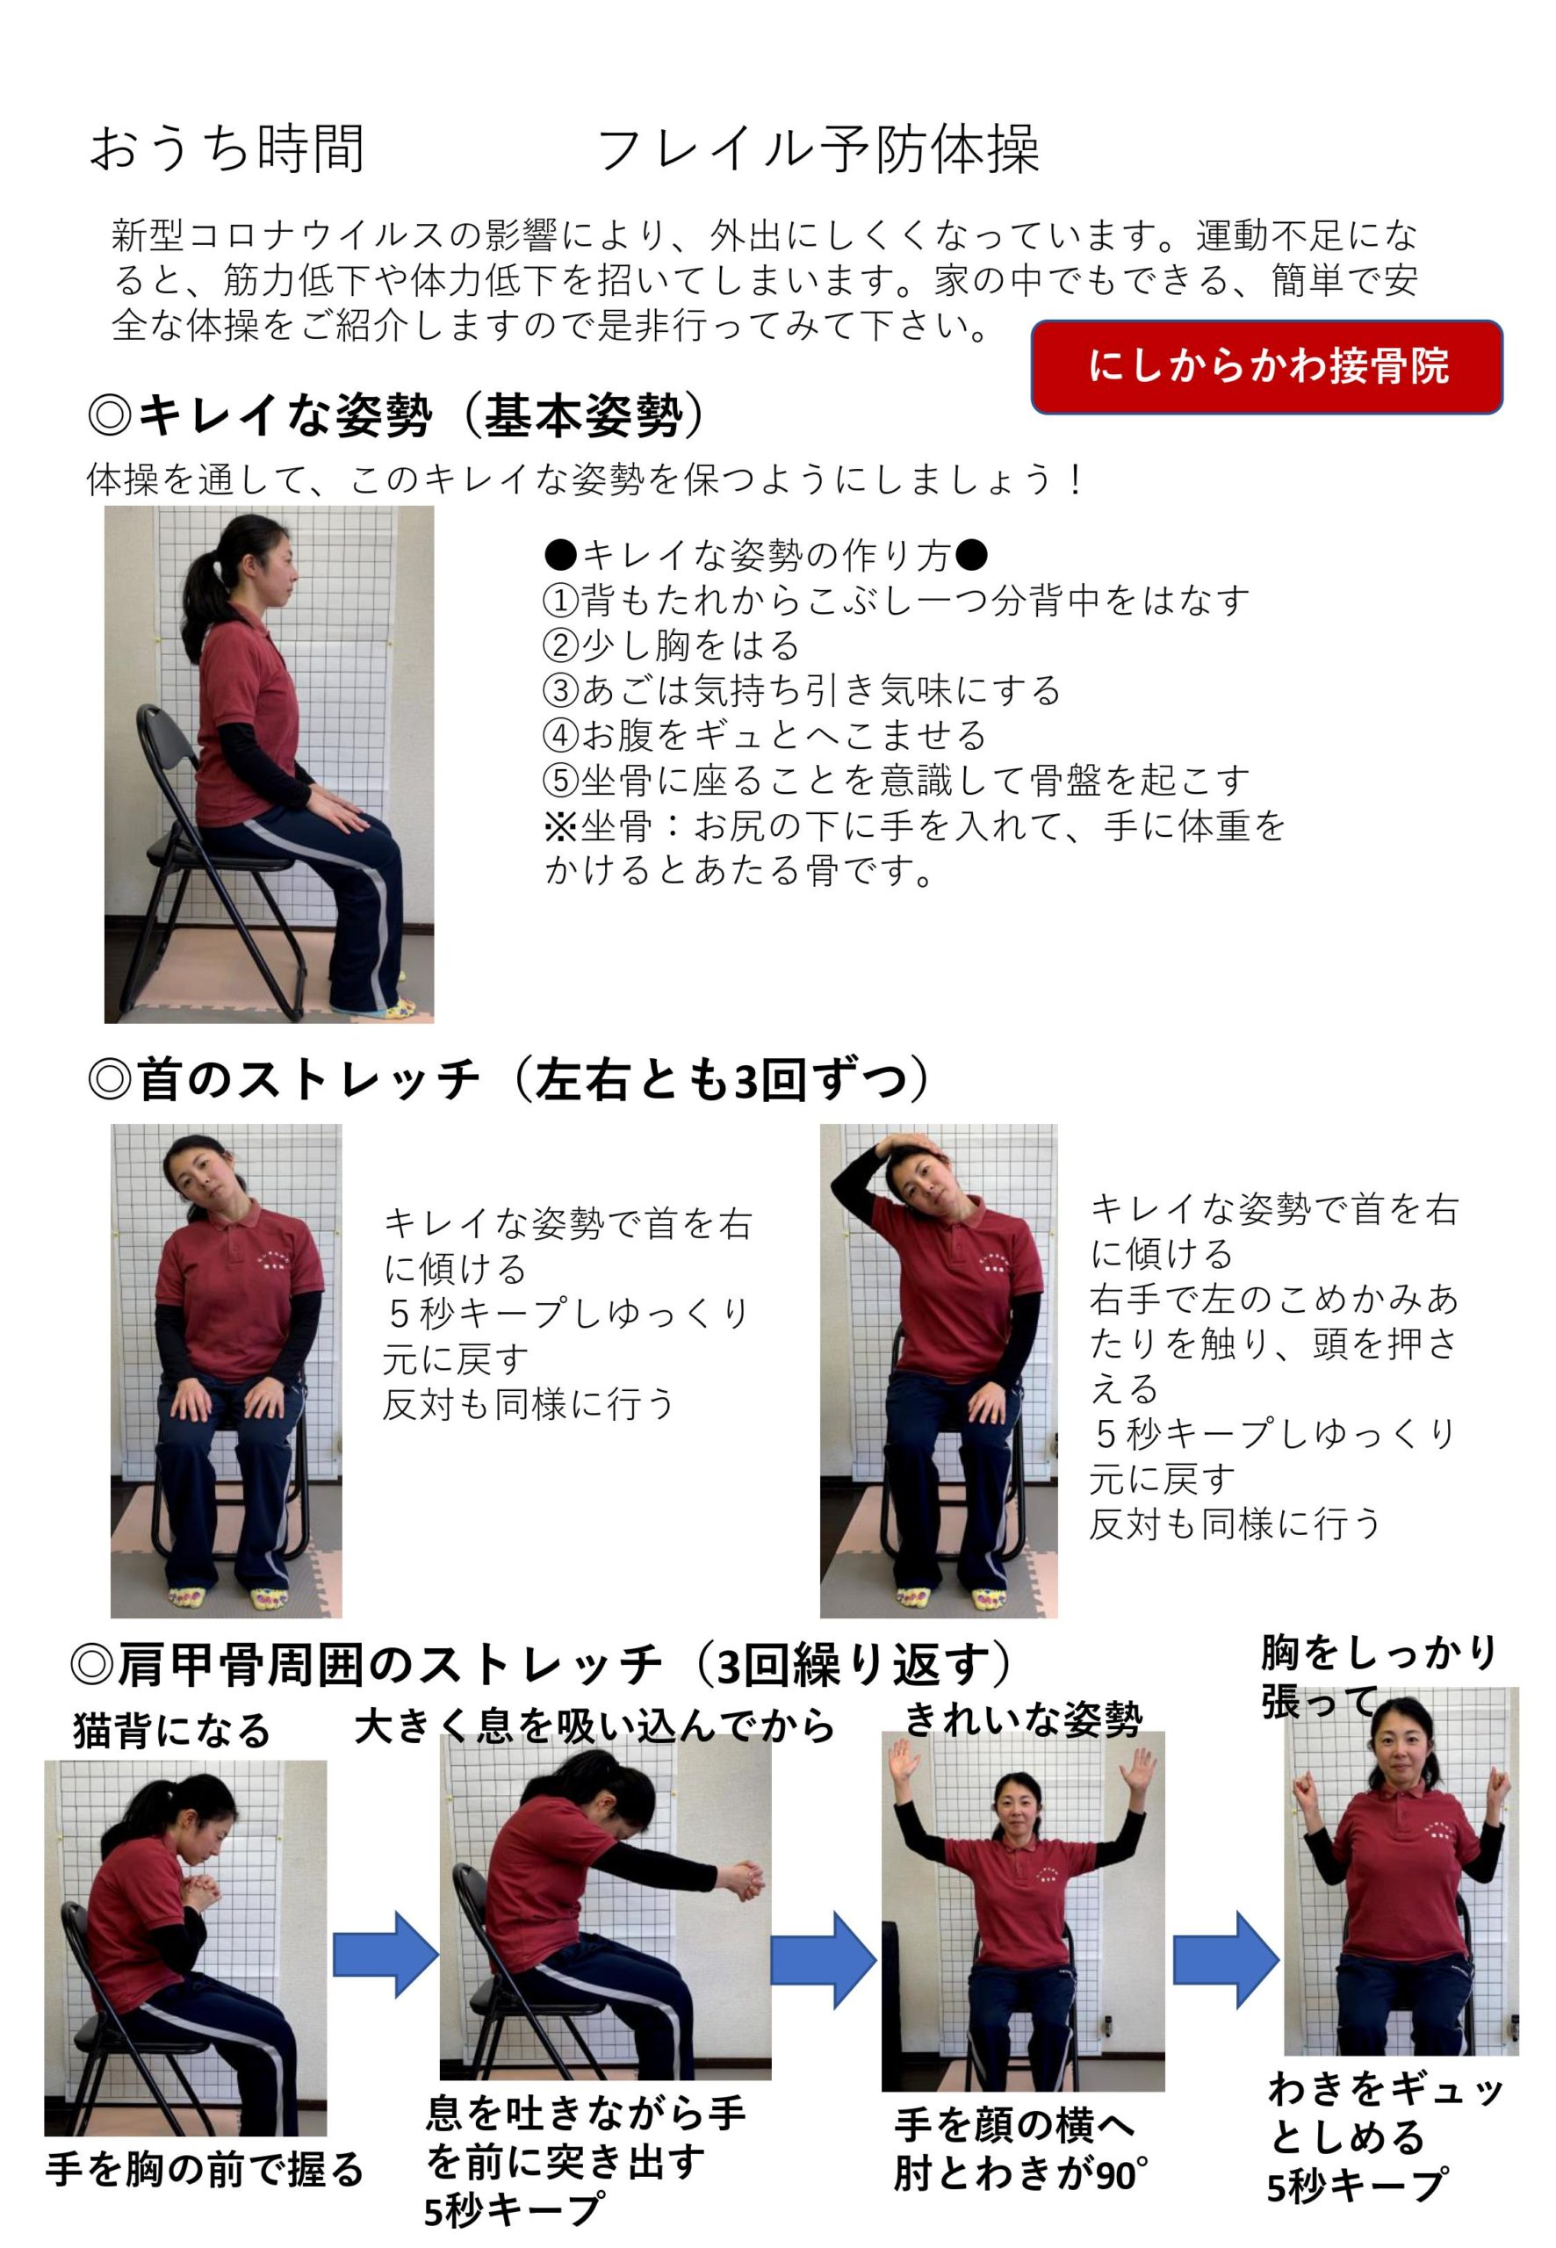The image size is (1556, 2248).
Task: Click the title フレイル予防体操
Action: tap(818, 150)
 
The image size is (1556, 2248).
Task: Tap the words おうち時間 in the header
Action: tap(227, 149)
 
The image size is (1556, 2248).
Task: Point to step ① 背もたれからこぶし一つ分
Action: tap(895, 601)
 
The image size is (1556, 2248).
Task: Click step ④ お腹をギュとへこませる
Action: tap(764, 735)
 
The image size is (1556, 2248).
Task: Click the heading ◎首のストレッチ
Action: tap(510, 1081)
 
